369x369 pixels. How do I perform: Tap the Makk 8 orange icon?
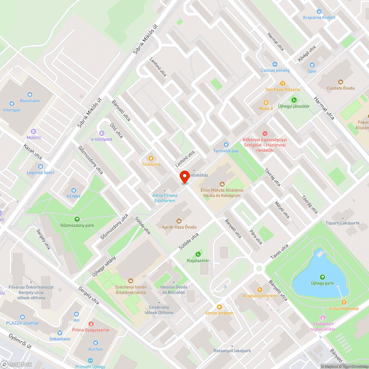pos(266,103)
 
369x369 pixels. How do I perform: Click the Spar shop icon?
pos(312,65)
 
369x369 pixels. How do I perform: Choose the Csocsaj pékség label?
pos(275,70)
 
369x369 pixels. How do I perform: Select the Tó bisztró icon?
pos(151,158)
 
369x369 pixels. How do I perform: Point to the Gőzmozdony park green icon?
pos(77,219)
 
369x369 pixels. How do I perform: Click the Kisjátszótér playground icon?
pos(198,254)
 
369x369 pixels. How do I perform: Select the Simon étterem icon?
pos(220,307)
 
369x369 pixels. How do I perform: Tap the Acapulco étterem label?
pos(259,296)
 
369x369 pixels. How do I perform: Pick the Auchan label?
pos(95,349)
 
